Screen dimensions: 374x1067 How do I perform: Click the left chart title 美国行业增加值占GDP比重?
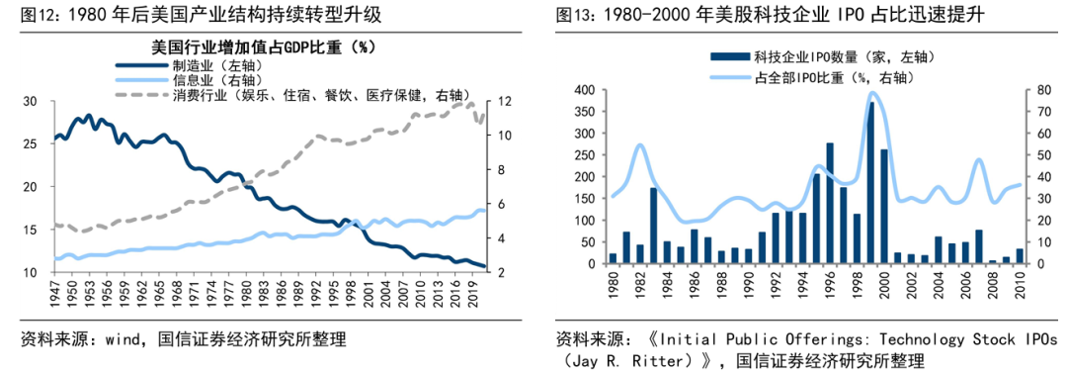(x=262, y=47)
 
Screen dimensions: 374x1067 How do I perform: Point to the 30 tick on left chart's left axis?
(x=30, y=102)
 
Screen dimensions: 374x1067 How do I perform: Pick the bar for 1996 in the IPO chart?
(x=830, y=204)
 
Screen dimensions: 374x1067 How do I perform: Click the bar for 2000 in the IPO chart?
(x=884, y=207)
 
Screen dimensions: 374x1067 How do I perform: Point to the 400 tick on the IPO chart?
(x=584, y=90)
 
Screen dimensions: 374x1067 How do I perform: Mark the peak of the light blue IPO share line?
(x=871, y=94)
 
